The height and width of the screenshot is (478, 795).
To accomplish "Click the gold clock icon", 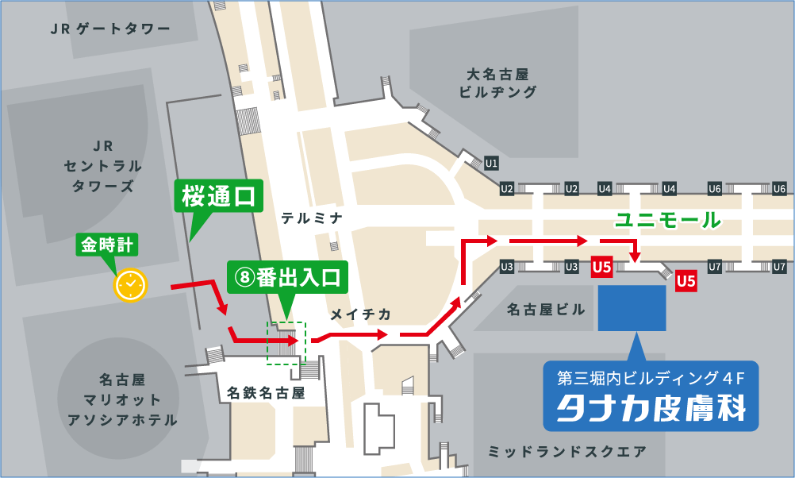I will (131, 284).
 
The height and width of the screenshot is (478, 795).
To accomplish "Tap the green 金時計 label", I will (107, 245).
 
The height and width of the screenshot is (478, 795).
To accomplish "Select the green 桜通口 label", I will (217, 196).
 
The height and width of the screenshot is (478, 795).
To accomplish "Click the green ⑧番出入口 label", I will (287, 278).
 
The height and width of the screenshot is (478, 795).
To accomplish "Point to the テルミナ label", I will (311, 217).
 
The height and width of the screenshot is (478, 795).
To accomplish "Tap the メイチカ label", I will (361, 315).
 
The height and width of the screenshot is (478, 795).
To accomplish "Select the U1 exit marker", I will (491, 164).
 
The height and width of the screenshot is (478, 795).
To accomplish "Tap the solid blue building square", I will (632, 308).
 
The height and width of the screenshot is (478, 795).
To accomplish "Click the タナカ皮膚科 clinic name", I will (651, 408).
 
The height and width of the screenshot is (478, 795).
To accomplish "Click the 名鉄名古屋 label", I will (266, 392).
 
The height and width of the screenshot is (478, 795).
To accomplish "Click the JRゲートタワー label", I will (110, 29).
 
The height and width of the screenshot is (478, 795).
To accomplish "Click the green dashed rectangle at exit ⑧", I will (286, 342).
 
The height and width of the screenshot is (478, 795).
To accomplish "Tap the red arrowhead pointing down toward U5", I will (635, 256).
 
